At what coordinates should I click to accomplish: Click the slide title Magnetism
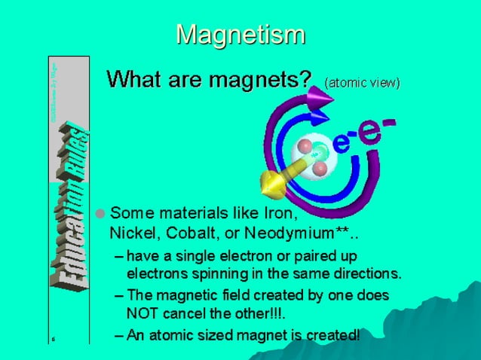(x=240, y=34)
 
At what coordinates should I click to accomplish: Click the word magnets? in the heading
(x=260, y=78)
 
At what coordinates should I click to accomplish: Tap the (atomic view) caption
(x=362, y=81)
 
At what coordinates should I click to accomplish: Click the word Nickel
(x=131, y=230)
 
